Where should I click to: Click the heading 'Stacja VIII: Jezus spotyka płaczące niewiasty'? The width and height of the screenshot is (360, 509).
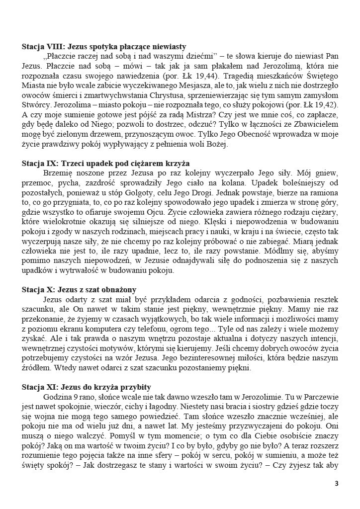[104, 47]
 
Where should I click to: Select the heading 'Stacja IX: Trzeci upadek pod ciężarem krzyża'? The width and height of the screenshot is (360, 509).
[105, 164]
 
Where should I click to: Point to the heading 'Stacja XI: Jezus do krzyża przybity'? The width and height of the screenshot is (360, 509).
[87, 387]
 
